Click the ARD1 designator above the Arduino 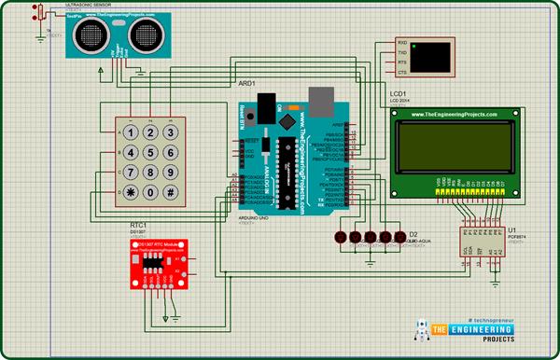(x=246, y=84)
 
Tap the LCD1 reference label (x=398, y=93)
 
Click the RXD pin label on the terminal (x=402, y=43)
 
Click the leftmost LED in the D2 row (x=343, y=237)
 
